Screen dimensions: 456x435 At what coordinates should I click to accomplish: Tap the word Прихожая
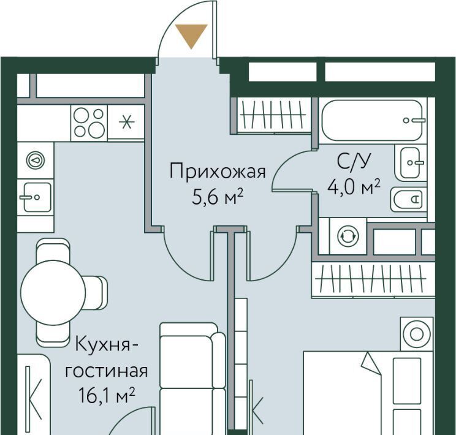(x=218, y=172)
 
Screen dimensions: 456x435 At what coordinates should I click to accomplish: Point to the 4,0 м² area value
(x=354, y=187)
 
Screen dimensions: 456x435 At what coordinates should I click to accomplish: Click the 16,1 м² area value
(x=107, y=395)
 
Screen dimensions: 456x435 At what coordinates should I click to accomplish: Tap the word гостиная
(x=106, y=371)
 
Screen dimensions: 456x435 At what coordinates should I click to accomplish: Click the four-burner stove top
(x=89, y=123)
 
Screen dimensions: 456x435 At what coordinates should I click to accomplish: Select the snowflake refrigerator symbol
(x=126, y=122)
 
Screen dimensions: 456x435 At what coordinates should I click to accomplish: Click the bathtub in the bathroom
(x=372, y=120)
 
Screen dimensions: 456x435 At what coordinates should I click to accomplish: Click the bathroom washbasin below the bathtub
(x=411, y=163)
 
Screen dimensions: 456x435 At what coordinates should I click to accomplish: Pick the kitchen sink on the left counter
(x=37, y=197)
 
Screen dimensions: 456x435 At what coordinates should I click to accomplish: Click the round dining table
(x=53, y=292)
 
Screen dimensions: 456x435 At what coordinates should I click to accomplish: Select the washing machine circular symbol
(x=348, y=236)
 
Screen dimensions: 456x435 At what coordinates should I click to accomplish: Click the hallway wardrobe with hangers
(x=273, y=115)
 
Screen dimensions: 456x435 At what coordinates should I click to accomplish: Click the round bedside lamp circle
(x=417, y=333)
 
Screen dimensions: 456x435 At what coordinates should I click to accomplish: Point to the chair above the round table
(x=53, y=250)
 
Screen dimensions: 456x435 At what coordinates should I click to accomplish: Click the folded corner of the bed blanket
(x=371, y=363)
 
